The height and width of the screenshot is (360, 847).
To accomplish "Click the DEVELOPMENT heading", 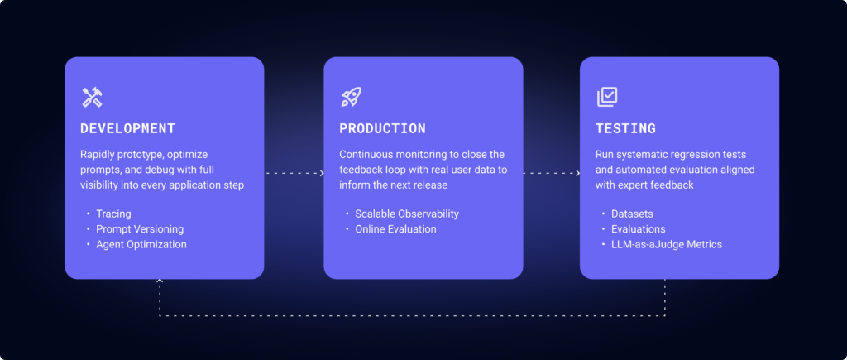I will click(x=127, y=129).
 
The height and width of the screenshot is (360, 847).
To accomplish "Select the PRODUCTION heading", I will click(x=382, y=129).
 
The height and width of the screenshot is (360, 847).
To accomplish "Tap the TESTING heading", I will click(x=625, y=129).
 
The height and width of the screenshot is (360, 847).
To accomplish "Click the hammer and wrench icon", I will click(x=92, y=97).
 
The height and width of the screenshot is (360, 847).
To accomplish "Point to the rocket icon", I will click(x=351, y=97).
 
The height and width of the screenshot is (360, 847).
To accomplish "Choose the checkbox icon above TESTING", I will click(x=607, y=97).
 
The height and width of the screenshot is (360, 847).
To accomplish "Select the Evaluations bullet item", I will click(x=638, y=229).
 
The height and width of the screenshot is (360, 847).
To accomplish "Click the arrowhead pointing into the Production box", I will click(x=321, y=173).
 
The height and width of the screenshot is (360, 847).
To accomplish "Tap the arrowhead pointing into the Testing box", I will click(x=577, y=173).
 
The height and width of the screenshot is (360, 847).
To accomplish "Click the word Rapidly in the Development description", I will click(x=99, y=155).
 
